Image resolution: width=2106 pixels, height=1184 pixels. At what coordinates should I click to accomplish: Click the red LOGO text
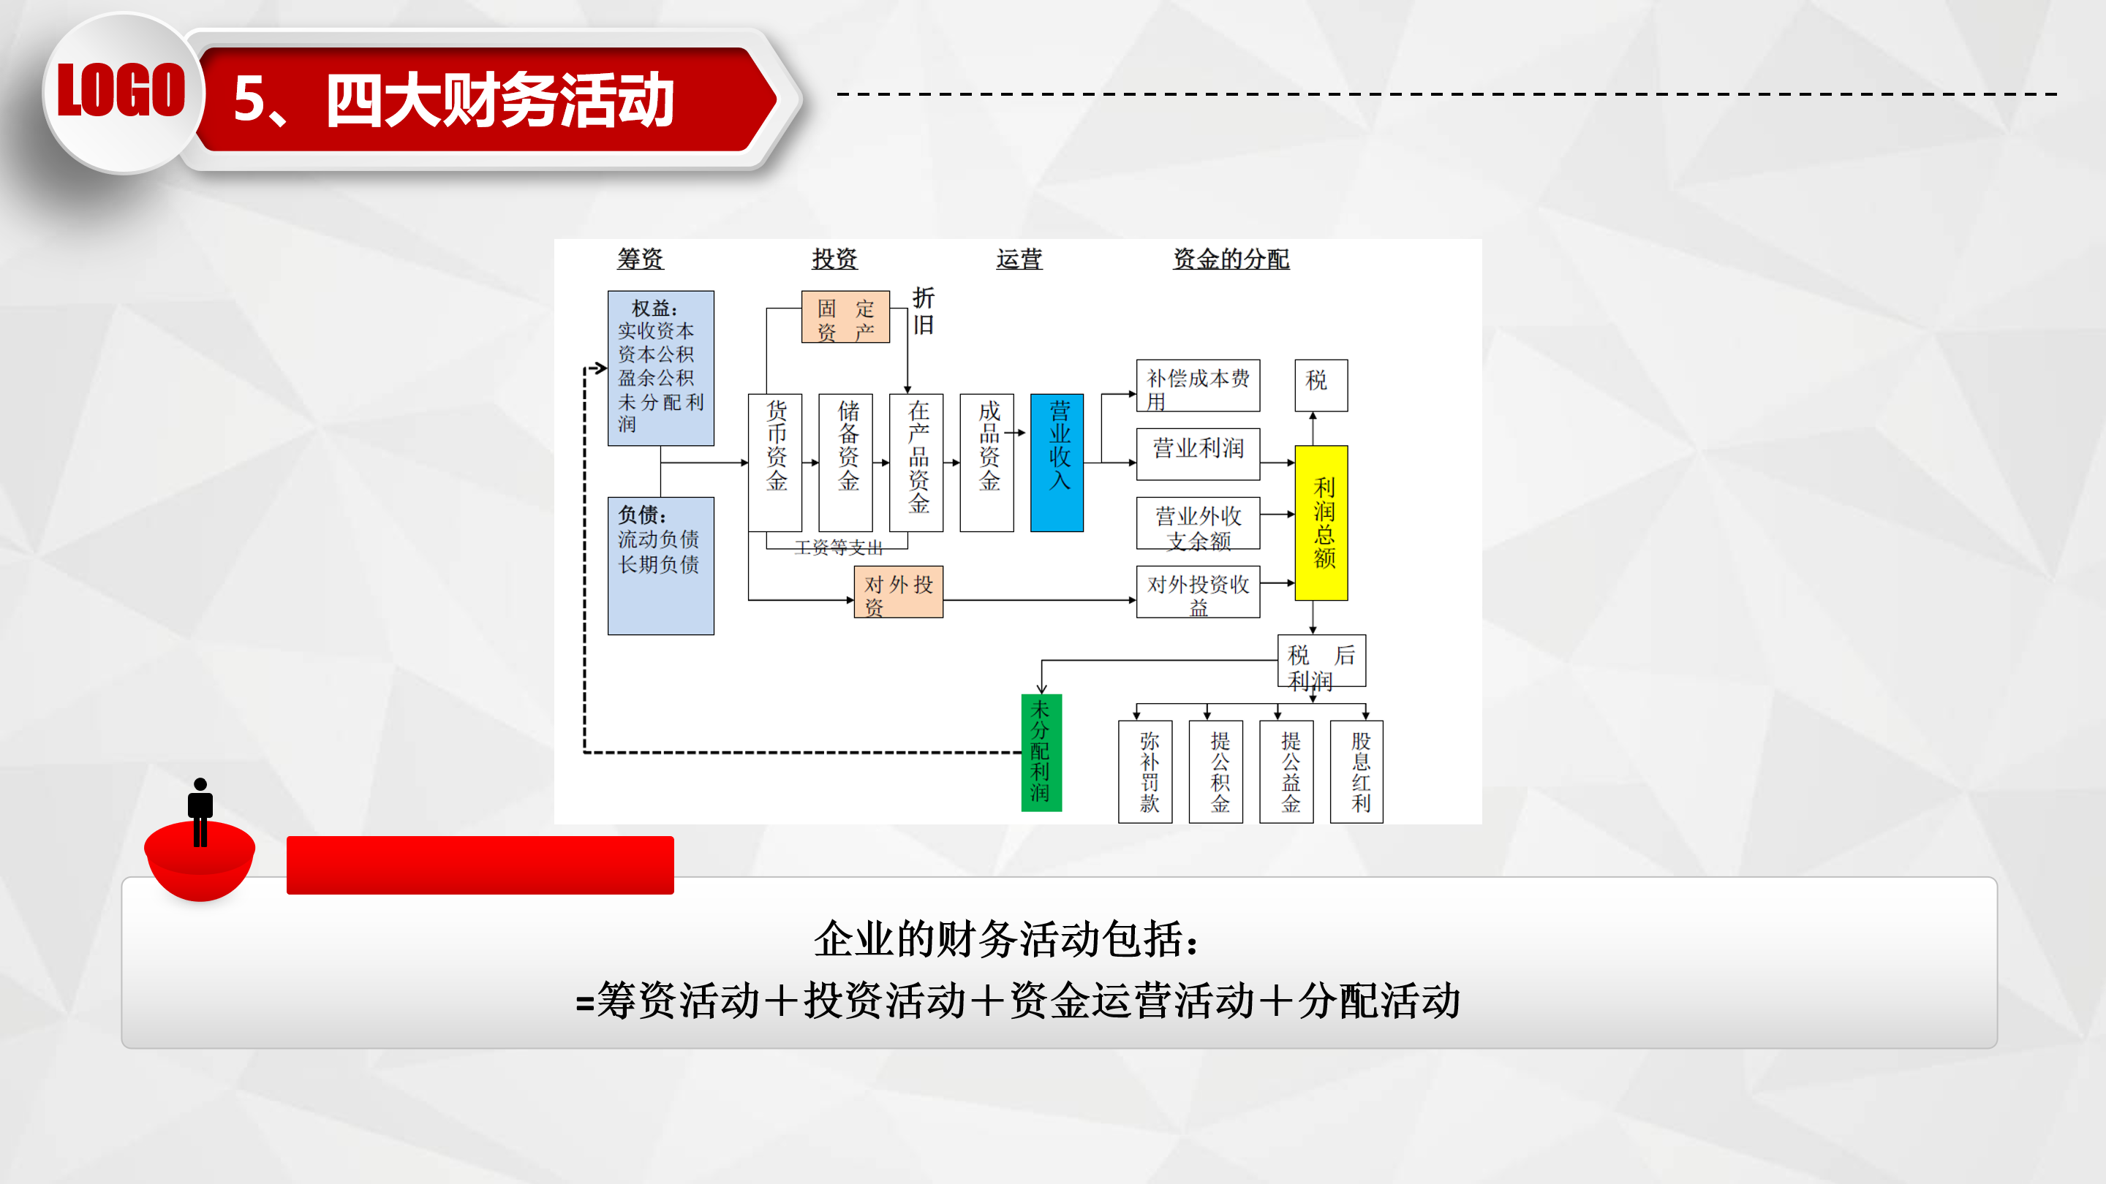121,90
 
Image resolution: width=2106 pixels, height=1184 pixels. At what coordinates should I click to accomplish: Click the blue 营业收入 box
1057,463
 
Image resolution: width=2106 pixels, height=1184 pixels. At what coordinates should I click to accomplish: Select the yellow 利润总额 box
1321,523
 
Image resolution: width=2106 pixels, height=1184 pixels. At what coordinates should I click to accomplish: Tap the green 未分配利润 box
1041,753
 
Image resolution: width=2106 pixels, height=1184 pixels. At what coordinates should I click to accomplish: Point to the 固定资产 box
845,317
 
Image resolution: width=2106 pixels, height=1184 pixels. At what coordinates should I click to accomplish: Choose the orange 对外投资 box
899,591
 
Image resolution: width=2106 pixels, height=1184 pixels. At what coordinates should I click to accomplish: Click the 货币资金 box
775,463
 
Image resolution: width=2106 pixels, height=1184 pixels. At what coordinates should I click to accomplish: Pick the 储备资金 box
845,463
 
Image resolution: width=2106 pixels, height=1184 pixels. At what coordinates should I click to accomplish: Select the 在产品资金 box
916,463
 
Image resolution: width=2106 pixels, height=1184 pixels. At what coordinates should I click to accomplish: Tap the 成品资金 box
986,463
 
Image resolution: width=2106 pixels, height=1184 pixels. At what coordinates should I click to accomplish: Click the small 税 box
1321,385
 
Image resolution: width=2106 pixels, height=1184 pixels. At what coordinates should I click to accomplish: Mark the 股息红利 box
1357,771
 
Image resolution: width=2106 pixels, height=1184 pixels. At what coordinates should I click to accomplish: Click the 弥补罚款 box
1145,771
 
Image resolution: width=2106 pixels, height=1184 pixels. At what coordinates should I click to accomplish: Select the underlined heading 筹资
640,259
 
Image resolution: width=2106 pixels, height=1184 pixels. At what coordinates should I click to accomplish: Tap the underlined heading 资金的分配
1231,259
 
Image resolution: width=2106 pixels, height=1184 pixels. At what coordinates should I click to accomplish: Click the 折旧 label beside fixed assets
923,311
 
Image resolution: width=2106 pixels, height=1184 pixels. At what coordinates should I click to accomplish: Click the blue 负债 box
660,566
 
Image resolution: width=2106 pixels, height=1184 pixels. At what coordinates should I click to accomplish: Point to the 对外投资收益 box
1198,591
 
